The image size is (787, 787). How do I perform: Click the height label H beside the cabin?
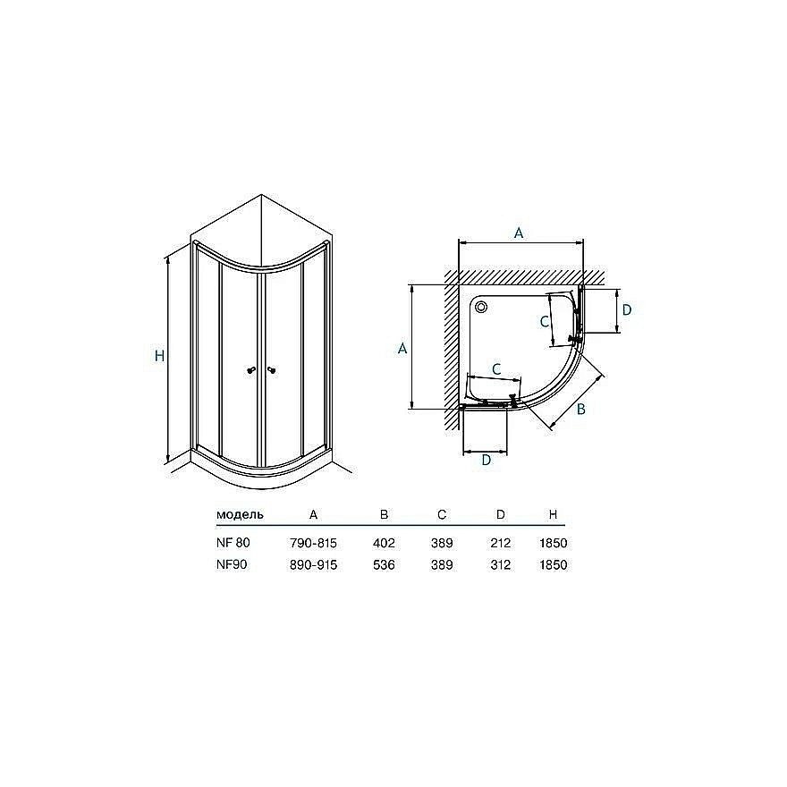[159, 355]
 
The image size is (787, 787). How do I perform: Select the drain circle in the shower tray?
[483, 308]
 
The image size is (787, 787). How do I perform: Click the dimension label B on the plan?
[580, 410]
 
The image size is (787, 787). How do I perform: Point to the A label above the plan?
[519, 233]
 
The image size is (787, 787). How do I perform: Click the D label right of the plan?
[627, 309]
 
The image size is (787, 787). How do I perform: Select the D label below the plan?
[486, 461]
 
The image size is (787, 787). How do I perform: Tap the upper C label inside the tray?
[544, 321]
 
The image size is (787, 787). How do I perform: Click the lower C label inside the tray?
[496, 368]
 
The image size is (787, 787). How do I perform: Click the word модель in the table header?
[240, 515]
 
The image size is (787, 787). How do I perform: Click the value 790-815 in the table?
[313, 543]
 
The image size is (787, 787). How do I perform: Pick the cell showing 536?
[385, 565]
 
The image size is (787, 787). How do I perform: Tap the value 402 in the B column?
[385, 543]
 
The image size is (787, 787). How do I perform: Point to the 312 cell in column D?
[500, 565]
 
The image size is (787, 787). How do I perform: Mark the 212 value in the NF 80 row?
[500, 543]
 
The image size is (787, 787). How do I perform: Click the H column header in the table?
[554, 515]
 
